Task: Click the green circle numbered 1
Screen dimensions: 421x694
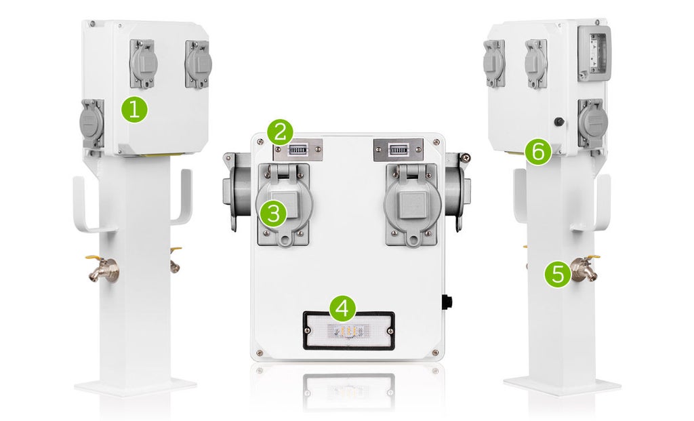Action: click(x=134, y=109)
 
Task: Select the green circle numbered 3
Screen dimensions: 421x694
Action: click(x=273, y=214)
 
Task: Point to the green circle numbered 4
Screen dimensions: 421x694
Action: click(x=342, y=308)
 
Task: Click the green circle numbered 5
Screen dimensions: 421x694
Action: click(x=558, y=274)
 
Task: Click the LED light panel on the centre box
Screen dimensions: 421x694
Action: click(x=348, y=330)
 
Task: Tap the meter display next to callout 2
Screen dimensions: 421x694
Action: click(x=299, y=149)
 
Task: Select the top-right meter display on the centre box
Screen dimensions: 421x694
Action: click(x=399, y=149)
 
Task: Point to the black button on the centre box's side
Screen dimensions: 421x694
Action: click(x=447, y=301)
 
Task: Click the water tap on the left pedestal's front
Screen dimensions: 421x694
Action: click(x=105, y=270)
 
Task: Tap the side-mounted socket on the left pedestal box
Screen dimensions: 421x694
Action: click(x=91, y=123)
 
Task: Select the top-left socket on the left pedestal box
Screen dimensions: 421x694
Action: click(x=144, y=64)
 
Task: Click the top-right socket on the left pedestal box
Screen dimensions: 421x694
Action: click(x=198, y=64)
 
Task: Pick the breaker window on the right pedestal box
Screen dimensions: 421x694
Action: click(x=594, y=54)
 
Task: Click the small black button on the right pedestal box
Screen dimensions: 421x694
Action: click(x=558, y=122)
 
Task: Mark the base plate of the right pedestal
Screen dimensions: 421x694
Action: click(x=562, y=386)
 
